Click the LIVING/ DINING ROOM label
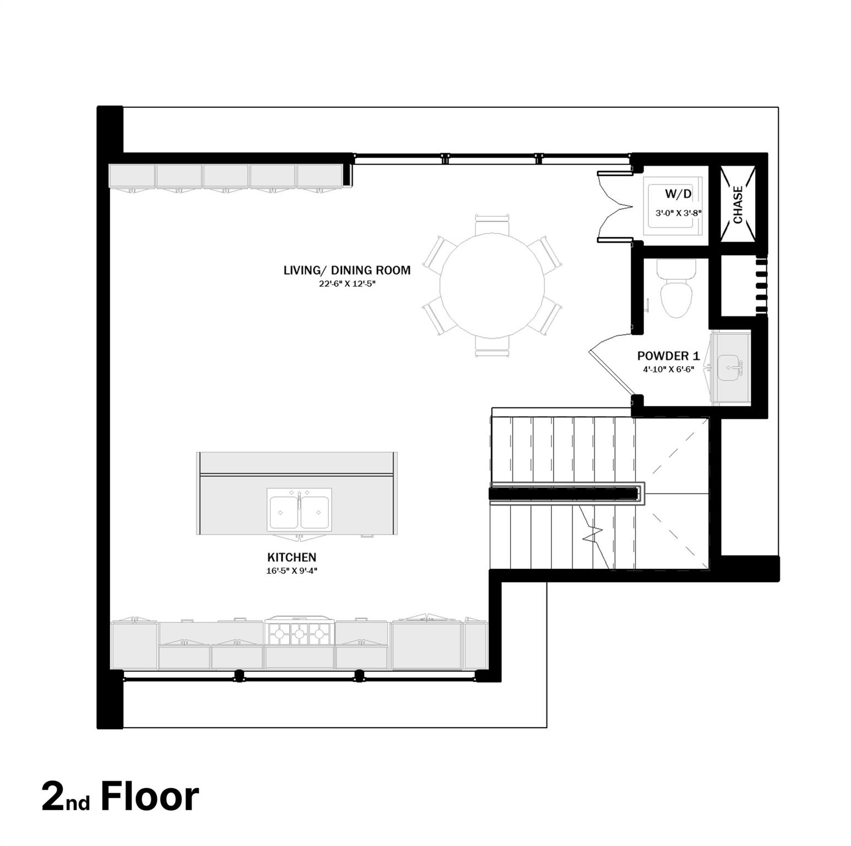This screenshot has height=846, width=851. (x=346, y=270)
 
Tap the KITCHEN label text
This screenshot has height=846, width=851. (x=291, y=557)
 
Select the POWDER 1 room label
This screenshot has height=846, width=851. (x=668, y=356)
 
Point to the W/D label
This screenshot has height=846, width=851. (x=678, y=194)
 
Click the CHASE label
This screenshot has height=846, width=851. (x=738, y=204)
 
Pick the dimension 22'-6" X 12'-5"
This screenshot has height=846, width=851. (x=346, y=284)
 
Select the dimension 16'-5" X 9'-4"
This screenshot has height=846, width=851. (x=291, y=571)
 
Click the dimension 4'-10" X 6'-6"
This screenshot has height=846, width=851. (x=668, y=370)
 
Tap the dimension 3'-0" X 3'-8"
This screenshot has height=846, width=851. (x=678, y=213)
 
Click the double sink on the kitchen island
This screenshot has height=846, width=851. (x=299, y=509)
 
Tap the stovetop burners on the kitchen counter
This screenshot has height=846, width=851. (x=299, y=634)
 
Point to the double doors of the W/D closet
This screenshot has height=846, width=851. (x=612, y=206)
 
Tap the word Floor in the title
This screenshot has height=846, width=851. (x=149, y=796)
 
